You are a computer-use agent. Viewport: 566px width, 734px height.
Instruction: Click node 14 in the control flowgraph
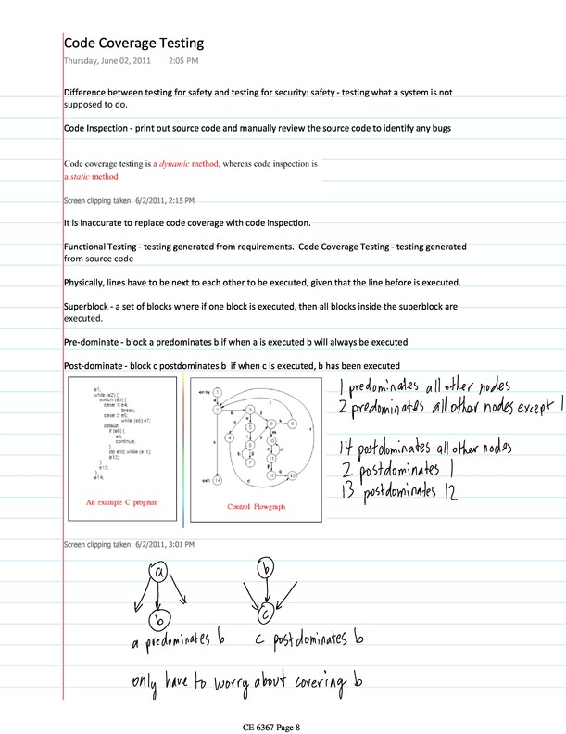218,480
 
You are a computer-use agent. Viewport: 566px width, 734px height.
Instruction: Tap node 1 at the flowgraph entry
217,392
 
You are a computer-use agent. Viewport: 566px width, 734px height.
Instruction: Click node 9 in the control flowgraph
292,424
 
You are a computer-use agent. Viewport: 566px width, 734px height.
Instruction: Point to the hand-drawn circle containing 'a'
159,573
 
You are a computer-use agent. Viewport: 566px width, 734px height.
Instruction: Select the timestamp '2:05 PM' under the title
183,61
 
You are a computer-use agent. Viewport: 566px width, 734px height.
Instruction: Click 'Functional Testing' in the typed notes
105,247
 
